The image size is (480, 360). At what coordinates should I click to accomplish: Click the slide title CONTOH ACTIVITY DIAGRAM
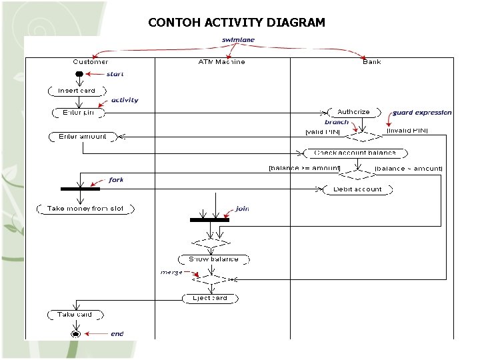[237, 23]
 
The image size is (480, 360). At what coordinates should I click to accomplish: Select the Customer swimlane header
[91, 62]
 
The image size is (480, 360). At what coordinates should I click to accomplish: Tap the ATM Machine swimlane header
[221, 62]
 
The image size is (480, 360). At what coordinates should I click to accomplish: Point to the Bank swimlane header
[372, 62]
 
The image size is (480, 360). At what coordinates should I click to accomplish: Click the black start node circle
[79, 73]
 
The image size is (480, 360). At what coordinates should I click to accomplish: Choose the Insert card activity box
[77, 91]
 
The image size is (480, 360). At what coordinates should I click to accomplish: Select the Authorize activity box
[353, 112]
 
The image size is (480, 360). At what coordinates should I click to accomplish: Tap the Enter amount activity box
[82, 137]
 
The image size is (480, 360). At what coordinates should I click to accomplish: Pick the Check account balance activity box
[355, 153]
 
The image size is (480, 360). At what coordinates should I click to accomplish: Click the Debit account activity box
[357, 189]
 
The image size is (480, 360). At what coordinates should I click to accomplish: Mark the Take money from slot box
[85, 209]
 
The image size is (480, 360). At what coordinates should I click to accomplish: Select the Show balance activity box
[213, 259]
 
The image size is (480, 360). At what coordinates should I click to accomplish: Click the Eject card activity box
[210, 298]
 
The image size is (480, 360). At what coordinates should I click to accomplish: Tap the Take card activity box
[75, 314]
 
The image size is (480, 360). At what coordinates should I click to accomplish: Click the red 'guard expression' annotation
[422, 113]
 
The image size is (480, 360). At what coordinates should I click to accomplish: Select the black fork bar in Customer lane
[80, 189]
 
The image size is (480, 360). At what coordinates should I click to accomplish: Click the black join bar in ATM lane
[209, 219]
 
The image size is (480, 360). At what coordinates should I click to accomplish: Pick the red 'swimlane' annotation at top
[238, 40]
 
